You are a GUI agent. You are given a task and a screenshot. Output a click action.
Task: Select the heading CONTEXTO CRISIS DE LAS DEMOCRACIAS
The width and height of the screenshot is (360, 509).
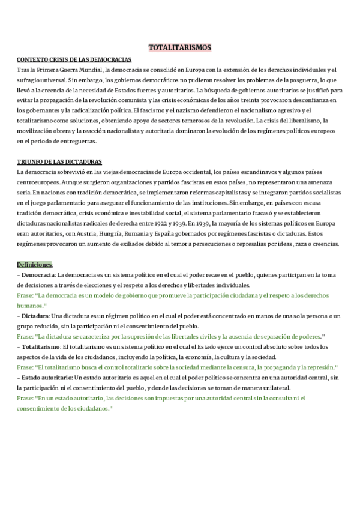[74, 59]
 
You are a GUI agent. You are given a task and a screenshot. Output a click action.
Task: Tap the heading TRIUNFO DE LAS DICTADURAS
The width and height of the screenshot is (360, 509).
[59, 162]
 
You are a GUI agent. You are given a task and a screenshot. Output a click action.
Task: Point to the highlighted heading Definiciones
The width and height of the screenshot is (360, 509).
[35, 264]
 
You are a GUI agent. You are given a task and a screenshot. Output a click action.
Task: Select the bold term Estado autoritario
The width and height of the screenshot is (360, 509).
[46, 377]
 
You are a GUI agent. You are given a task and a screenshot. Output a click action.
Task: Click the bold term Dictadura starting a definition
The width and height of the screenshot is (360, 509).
[36, 316]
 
